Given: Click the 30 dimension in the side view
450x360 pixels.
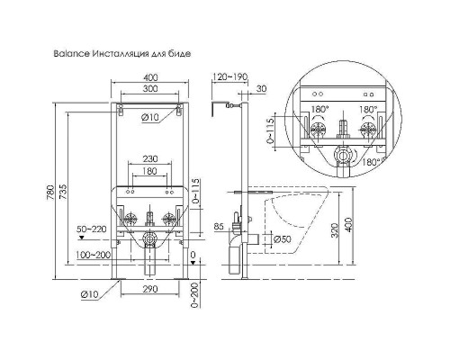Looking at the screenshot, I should point(261,88).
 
